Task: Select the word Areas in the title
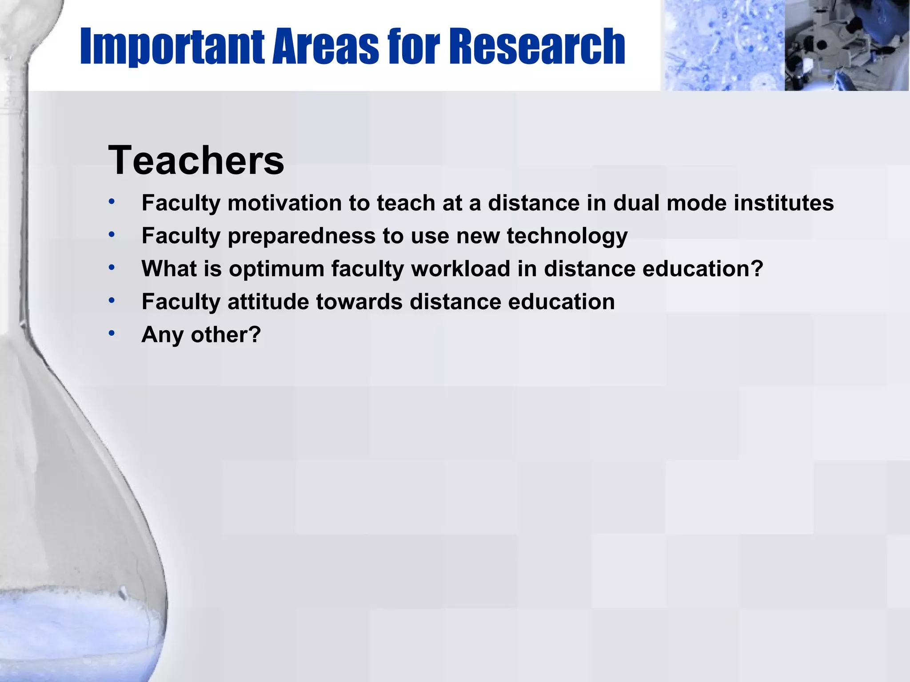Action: (x=325, y=47)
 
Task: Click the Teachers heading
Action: (x=196, y=160)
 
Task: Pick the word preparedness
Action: (x=301, y=236)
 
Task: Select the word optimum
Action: (x=276, y=269)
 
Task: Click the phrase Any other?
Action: (x=201, y=335)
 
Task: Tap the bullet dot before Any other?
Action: (x=112, y=333)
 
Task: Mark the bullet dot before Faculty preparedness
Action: (x=112, y=234)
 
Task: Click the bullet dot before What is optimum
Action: (x=112, y=267)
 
